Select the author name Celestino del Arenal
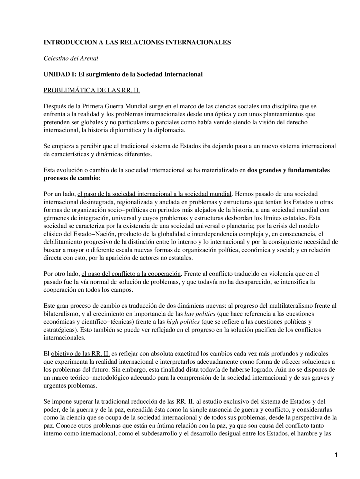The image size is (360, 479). [x=71, y=59]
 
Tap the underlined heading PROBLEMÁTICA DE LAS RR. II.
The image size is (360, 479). [x=92, y=90]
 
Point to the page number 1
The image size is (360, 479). [x=336, y=455]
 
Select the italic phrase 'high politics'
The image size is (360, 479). [x=183, y=321]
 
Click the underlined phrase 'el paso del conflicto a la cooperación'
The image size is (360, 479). [x=131, y=274]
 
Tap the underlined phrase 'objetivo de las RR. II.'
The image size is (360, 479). [x=80, y=354]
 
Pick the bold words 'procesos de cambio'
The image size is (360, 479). [x=71, y=178]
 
